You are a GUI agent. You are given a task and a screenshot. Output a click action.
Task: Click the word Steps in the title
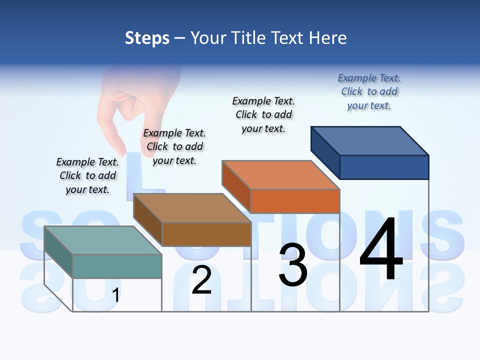click(147, 38)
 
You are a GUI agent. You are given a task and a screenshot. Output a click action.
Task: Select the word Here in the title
click(328, 38)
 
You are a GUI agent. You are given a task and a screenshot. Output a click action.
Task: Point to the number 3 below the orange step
click(293, 265)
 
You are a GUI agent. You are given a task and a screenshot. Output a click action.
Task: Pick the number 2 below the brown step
click(201, 280)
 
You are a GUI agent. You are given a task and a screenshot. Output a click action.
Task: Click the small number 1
click(115, 295)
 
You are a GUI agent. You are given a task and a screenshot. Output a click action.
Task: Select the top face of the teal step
click(102, 240)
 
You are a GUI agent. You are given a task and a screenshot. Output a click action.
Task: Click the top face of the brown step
click(192, 208)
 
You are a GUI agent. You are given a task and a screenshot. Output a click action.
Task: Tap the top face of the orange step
click(280, 175)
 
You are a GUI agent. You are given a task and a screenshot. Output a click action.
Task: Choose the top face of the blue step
click(370, 141)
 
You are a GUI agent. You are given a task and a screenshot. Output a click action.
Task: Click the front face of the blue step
click(384, 167)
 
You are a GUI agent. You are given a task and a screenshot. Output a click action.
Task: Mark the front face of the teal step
click(117, 266)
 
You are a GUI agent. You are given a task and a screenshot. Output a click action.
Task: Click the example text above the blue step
click(369, 92)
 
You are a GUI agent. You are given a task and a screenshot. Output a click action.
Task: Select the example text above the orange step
click(263, 114)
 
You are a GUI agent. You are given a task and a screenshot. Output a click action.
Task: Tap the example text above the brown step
click(174, 147)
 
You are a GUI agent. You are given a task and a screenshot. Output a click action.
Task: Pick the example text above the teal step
click(87, 175)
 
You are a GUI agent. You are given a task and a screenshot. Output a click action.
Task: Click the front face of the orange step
click(295, 201)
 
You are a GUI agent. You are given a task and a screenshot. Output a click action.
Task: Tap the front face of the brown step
click(206, 234)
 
